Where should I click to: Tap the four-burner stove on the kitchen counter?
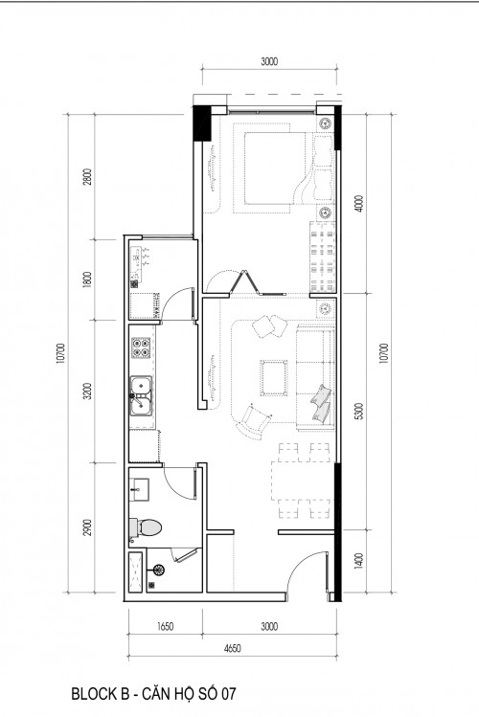coord(141,347)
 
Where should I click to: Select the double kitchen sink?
coord(142,394)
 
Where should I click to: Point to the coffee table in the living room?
coord(274,378)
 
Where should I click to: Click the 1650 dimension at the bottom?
coord(165,626)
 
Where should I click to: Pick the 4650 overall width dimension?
coord(233,648)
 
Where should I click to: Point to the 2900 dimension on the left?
coord(88,527)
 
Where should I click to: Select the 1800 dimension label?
coord(88,280)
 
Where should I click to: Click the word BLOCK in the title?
coord(93,694)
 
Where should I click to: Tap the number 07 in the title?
coord(229,694)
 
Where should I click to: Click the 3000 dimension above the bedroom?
coord(269,61)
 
